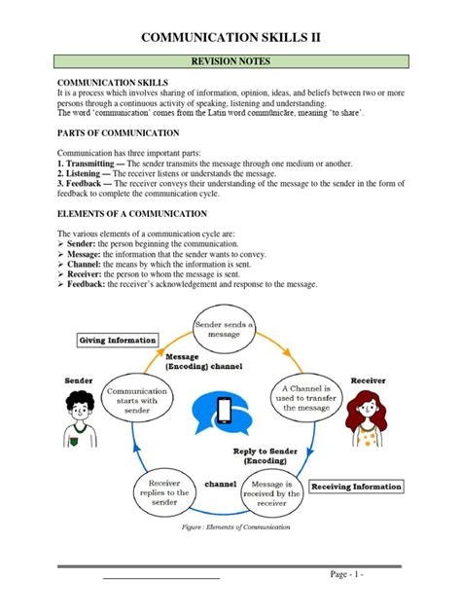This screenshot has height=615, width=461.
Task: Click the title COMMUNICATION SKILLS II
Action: coord(230,37)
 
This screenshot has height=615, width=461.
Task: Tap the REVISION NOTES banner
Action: coord(230,61)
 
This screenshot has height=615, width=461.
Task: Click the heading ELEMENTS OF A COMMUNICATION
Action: coord(131,212)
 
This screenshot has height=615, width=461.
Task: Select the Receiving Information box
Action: coord(356,486)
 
